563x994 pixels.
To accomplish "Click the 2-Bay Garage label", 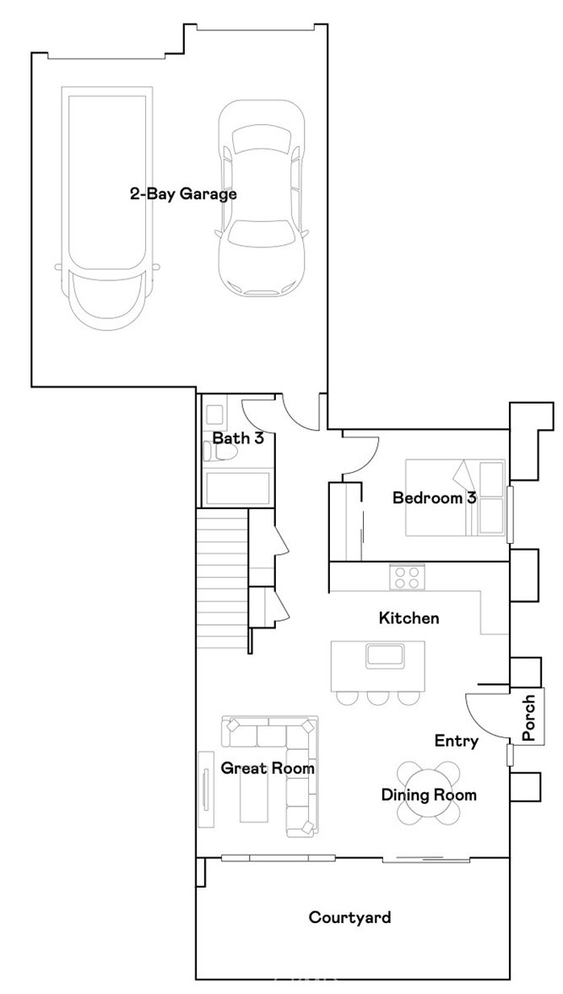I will pyautogui.click(x=182, y=193).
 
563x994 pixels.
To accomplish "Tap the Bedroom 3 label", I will pyautogui.click(x=434, y=497).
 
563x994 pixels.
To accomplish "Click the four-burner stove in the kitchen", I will pyautogui.click(x=406, y=578).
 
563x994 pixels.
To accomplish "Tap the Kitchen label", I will pyautogui.click(x=409, y=618).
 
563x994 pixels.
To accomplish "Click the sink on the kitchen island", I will pyautogui.click(x=385, y=655).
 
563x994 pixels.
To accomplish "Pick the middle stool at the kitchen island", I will pyautogui.click(x=376, y=698).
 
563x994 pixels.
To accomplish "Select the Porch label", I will pyautogui.click(x=529, y=719).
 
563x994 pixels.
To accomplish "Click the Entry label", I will pyautogui.click(x=457, y=741).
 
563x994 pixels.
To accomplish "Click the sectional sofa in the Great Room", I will pyautogui.click(x=287, y=760).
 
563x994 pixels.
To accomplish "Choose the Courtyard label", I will pyautogui.click(x=349, y=916).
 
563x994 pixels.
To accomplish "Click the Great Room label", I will pyautogui.click(x=268, y=769).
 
